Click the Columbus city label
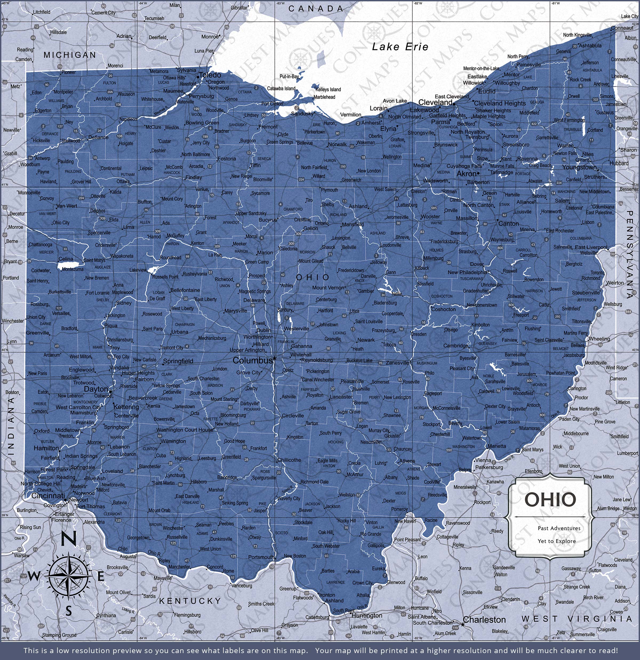(252, 361)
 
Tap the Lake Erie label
(400, 47)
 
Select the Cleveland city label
(435, 102)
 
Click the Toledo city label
(210, 75)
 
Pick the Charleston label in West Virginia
(484, 620)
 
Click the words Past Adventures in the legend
(559, 528)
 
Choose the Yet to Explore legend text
(557, 541)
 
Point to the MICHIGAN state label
(70, 55)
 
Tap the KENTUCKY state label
(190, 601)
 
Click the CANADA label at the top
(315, 9)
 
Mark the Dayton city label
(96, 389)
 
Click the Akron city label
(466, 174)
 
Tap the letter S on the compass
(69, 611)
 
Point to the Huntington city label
(367, 615)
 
